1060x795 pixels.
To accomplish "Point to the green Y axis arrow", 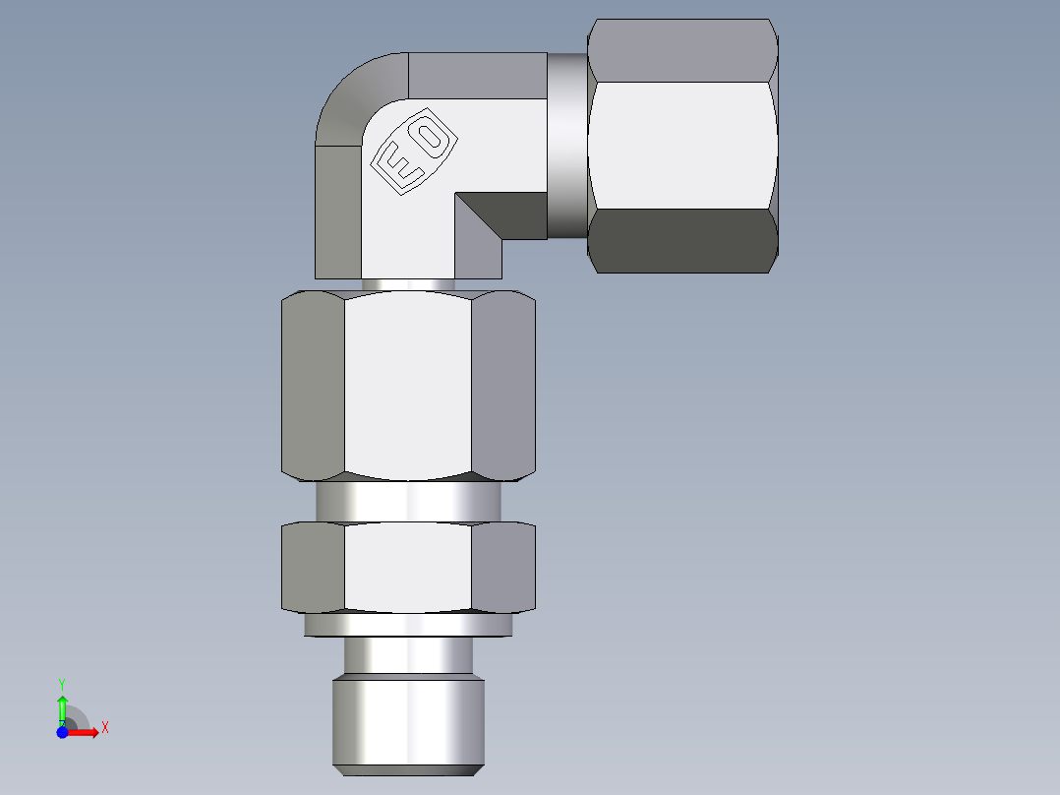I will pos(61,701).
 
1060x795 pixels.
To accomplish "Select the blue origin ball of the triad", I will pos(62,732).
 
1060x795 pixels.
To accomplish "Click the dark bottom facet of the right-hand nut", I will pos(682,241).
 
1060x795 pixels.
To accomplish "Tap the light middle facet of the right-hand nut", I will pos(682,145).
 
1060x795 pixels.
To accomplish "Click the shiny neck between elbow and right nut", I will pos(566,146).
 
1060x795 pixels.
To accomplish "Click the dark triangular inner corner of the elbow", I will pos(492,221).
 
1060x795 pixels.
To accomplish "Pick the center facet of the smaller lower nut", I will pos(407,567).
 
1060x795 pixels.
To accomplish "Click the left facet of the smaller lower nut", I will pos(313,567).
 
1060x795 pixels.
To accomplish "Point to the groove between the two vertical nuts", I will pos(407,502).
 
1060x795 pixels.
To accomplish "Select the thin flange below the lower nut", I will pos(407,625).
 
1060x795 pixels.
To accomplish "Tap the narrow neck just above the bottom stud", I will pos(407,655).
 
